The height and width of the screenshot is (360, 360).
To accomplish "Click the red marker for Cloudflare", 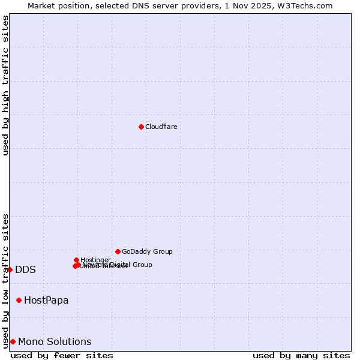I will coord(141,127).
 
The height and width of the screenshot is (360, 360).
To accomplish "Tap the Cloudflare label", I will coord(161,127).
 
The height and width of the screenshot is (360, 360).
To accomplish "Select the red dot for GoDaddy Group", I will coord(118,251).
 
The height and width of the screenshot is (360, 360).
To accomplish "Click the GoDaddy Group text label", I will coord(147,251).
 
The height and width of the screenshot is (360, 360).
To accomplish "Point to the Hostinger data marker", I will coord(76,260).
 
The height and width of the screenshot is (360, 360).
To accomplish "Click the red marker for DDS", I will coord(10,269).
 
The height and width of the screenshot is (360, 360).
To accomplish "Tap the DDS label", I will coord(25,270).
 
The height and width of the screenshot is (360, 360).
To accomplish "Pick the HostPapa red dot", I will coord(19,300).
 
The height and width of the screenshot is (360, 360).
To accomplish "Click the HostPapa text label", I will coord(46,301).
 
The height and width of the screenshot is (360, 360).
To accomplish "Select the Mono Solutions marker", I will coord(13,341).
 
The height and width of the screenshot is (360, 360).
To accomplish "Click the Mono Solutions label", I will coord(55,342).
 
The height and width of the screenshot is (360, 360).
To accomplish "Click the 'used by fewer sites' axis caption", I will coord(62,355).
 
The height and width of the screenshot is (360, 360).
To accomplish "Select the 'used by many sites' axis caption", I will coord(301,355).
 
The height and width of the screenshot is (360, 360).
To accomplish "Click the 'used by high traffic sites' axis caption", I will coord(6,85).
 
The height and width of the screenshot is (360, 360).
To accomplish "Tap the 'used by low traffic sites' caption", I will coord(6,281).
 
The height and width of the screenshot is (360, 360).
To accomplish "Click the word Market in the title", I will coord(41,6).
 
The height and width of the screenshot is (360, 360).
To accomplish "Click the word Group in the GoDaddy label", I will coord(162,251).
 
